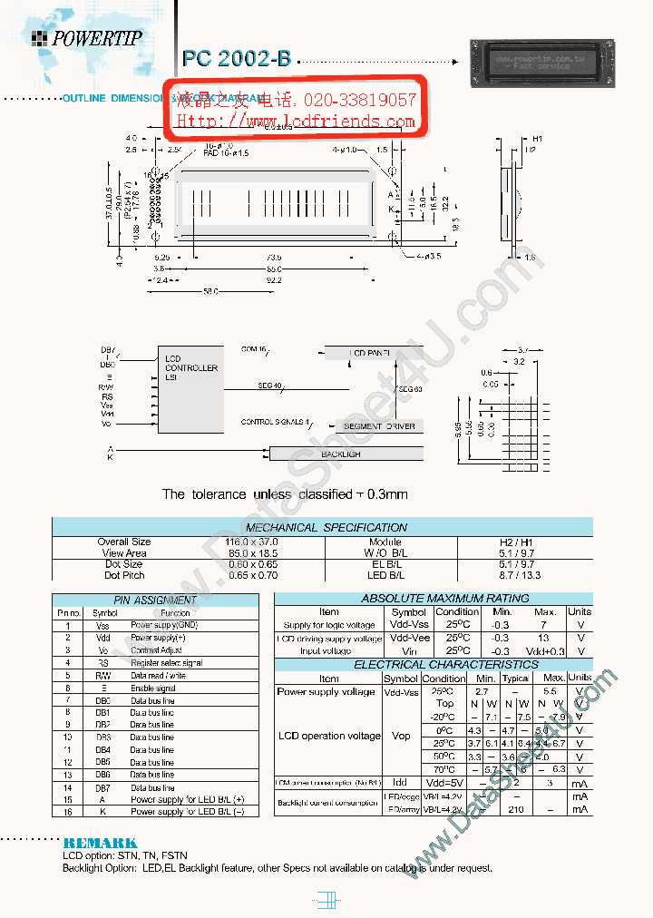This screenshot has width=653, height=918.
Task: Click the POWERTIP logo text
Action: click(96, 39)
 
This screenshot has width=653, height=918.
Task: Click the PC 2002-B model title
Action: click(237, 58)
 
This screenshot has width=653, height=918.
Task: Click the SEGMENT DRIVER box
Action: click(379, 425)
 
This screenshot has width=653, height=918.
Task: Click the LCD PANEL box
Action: click(373, 352)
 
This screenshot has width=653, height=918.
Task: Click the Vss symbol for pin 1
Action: click(102, 625)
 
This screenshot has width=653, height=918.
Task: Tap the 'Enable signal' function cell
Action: click(152, 688)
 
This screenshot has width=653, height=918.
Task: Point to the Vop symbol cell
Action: click(401, 736)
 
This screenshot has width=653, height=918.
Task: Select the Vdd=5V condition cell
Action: click(443, 782)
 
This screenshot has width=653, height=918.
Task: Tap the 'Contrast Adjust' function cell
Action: click(156, 650)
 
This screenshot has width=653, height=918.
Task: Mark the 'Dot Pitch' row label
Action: click(124, 575)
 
